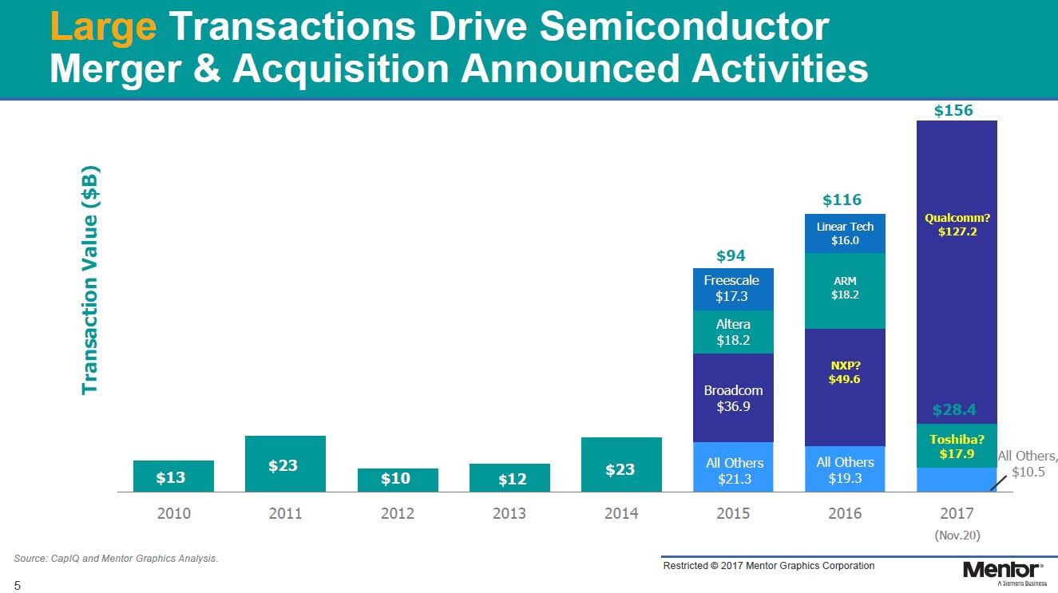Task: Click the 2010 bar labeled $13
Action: click(x=173, y=476)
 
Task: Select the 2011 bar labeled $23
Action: click(x=285, y=464)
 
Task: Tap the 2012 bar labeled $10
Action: click(x=398, y=480)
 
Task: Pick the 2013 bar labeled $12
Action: click(x=509, y=478)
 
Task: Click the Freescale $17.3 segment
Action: click(x=733, y=289)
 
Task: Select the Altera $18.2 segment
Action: click(x=733, y=332)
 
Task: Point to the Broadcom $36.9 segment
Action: click(x=733, y=397)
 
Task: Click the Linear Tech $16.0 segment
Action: click(x=845, y=233)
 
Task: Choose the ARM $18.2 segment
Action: click(x=845, y=291)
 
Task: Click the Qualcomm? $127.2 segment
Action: click(x=957, y=271)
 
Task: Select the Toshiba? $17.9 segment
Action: click(x=957, y=445)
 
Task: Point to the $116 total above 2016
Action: click(x=842, y=200)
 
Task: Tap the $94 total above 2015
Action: click(x=731, y=255)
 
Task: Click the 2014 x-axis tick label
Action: click(x=621, y=513)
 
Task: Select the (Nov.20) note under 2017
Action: click(x=957, y=535)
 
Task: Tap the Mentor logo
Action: click(x=1002, y=571)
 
